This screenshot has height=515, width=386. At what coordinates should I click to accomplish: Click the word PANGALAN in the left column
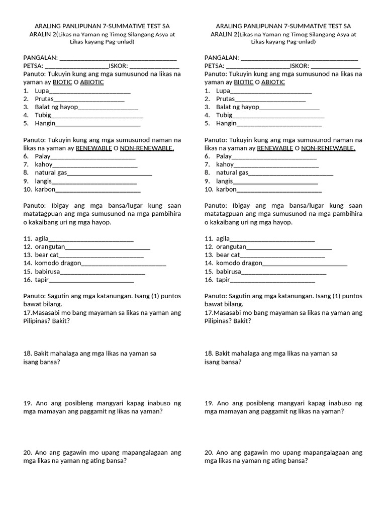pyautogui.click(x=40, y=58)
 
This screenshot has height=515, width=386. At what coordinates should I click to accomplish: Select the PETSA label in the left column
pyautogui.click(x=33, y=66)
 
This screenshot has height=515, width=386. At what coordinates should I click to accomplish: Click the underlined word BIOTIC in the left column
pyautogui.click(x=62, y=82)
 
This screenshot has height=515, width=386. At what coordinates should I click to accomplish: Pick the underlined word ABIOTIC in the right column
pyautogui.click(x=273, y=82)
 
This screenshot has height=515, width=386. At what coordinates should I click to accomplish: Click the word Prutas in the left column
pyautogui.click(x=44, y=99)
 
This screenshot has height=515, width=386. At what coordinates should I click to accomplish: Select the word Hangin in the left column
pyautogui.click(x=45, y=123)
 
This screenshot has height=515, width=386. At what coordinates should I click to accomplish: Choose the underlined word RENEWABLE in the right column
pyautogui.click(x=275, y=148)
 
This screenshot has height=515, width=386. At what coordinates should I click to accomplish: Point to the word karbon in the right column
pyautogui.click(x=226, y=190)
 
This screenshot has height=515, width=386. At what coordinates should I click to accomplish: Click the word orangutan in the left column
pyautogui.click(x=50, y=247)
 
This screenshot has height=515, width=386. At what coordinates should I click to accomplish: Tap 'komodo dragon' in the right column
pyautogui.click(x=239, y=263)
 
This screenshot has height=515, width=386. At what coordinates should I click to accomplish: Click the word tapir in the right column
pyautogui.click(x=223, y=280)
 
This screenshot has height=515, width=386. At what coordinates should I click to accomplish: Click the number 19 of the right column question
pyautogui.click(x=209, y=403)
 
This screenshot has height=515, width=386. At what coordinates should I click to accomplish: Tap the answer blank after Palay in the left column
pyautogui.click(x=93, y=156)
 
